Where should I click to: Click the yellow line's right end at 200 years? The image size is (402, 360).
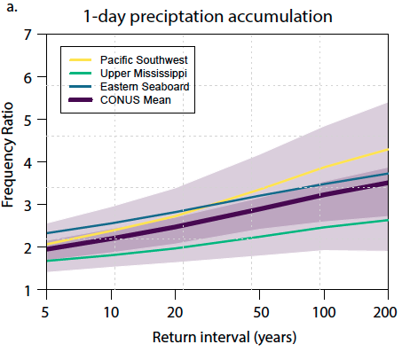[x=387, y=150]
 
